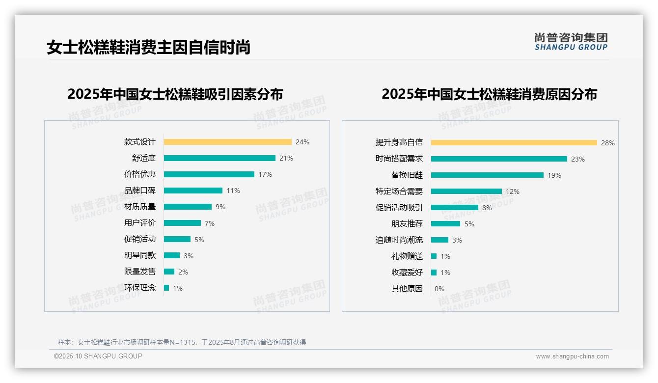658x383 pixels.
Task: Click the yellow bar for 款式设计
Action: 227,142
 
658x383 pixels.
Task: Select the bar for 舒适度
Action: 219,158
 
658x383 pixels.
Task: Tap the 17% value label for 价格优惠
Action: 265,174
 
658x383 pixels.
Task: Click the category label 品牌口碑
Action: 140,191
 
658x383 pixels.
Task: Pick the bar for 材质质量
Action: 188,207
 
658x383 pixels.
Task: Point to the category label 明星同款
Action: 140,255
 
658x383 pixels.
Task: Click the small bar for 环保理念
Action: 166,288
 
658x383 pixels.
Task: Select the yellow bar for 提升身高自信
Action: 514,143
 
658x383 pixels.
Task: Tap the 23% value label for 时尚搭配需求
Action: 578,159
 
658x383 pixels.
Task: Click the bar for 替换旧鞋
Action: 487,175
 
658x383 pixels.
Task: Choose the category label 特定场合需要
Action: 399,191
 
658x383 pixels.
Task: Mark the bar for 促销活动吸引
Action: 454,208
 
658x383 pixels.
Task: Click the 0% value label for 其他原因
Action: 439,289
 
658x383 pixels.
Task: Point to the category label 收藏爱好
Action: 407,273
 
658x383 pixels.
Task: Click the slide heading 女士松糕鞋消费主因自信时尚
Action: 148,48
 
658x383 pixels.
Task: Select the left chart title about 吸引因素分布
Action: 175,94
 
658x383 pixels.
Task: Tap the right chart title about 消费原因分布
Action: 489,94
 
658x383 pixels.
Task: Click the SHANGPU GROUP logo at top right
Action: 571,42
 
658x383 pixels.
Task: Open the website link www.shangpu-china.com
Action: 572,356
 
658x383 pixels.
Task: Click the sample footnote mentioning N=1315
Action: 182,342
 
